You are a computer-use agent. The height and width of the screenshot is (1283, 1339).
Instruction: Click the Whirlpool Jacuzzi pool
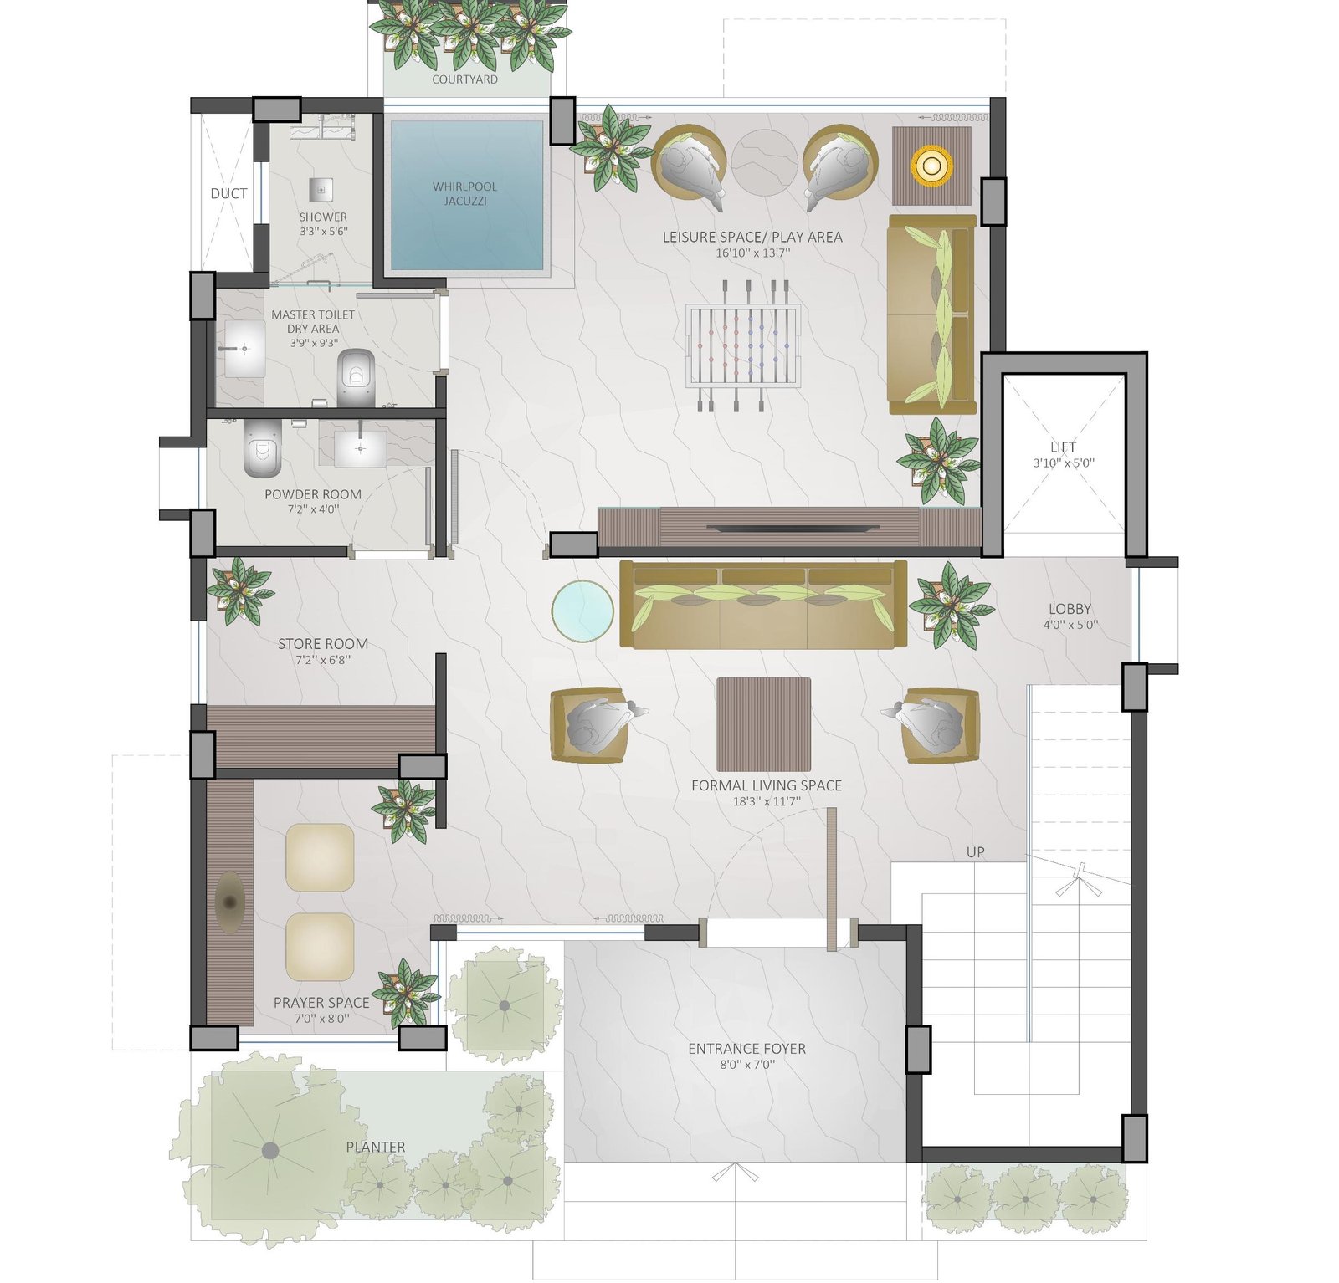(x=467, y=196)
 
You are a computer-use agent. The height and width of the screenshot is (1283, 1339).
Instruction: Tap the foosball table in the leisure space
(x=742, y=345)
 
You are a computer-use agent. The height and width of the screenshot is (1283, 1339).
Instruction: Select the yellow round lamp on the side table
(x=931, y=165)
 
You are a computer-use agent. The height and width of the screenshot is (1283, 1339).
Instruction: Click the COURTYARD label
(x=464, y=79)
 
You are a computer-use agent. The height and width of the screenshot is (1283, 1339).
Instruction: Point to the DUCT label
(x=228, y=193)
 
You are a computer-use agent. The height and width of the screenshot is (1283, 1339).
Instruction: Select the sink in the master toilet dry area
(x=242, y=348)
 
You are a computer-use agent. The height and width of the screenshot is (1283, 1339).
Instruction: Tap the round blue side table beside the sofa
(x=582, y=611)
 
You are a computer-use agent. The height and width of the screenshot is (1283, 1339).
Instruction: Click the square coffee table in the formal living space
(x=763, y=724)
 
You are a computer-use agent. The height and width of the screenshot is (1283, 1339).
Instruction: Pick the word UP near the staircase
(x=976, y=852)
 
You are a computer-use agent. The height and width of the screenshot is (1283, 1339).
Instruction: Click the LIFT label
(x=1064, y=447)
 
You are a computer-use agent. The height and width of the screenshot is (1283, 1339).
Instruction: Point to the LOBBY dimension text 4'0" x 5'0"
(x=1070, y=625)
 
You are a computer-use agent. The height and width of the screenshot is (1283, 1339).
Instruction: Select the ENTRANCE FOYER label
(x=746, y=1049)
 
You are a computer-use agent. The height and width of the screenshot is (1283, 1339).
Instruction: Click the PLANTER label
(x=376, y=1148)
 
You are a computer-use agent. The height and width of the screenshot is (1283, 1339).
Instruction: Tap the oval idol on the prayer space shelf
(x=229, y=903)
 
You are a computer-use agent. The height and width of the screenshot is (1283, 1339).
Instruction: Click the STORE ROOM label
(x=323, y=644)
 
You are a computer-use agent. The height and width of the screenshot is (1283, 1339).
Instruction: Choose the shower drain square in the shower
(x=321, y=190)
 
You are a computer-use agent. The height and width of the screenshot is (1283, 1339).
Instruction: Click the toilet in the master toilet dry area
(x=356, y=377)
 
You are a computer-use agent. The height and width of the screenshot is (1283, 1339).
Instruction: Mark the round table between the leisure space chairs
(x=764, y=161)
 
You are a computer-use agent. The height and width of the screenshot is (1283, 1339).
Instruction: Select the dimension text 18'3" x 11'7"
(x=767, y=801)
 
